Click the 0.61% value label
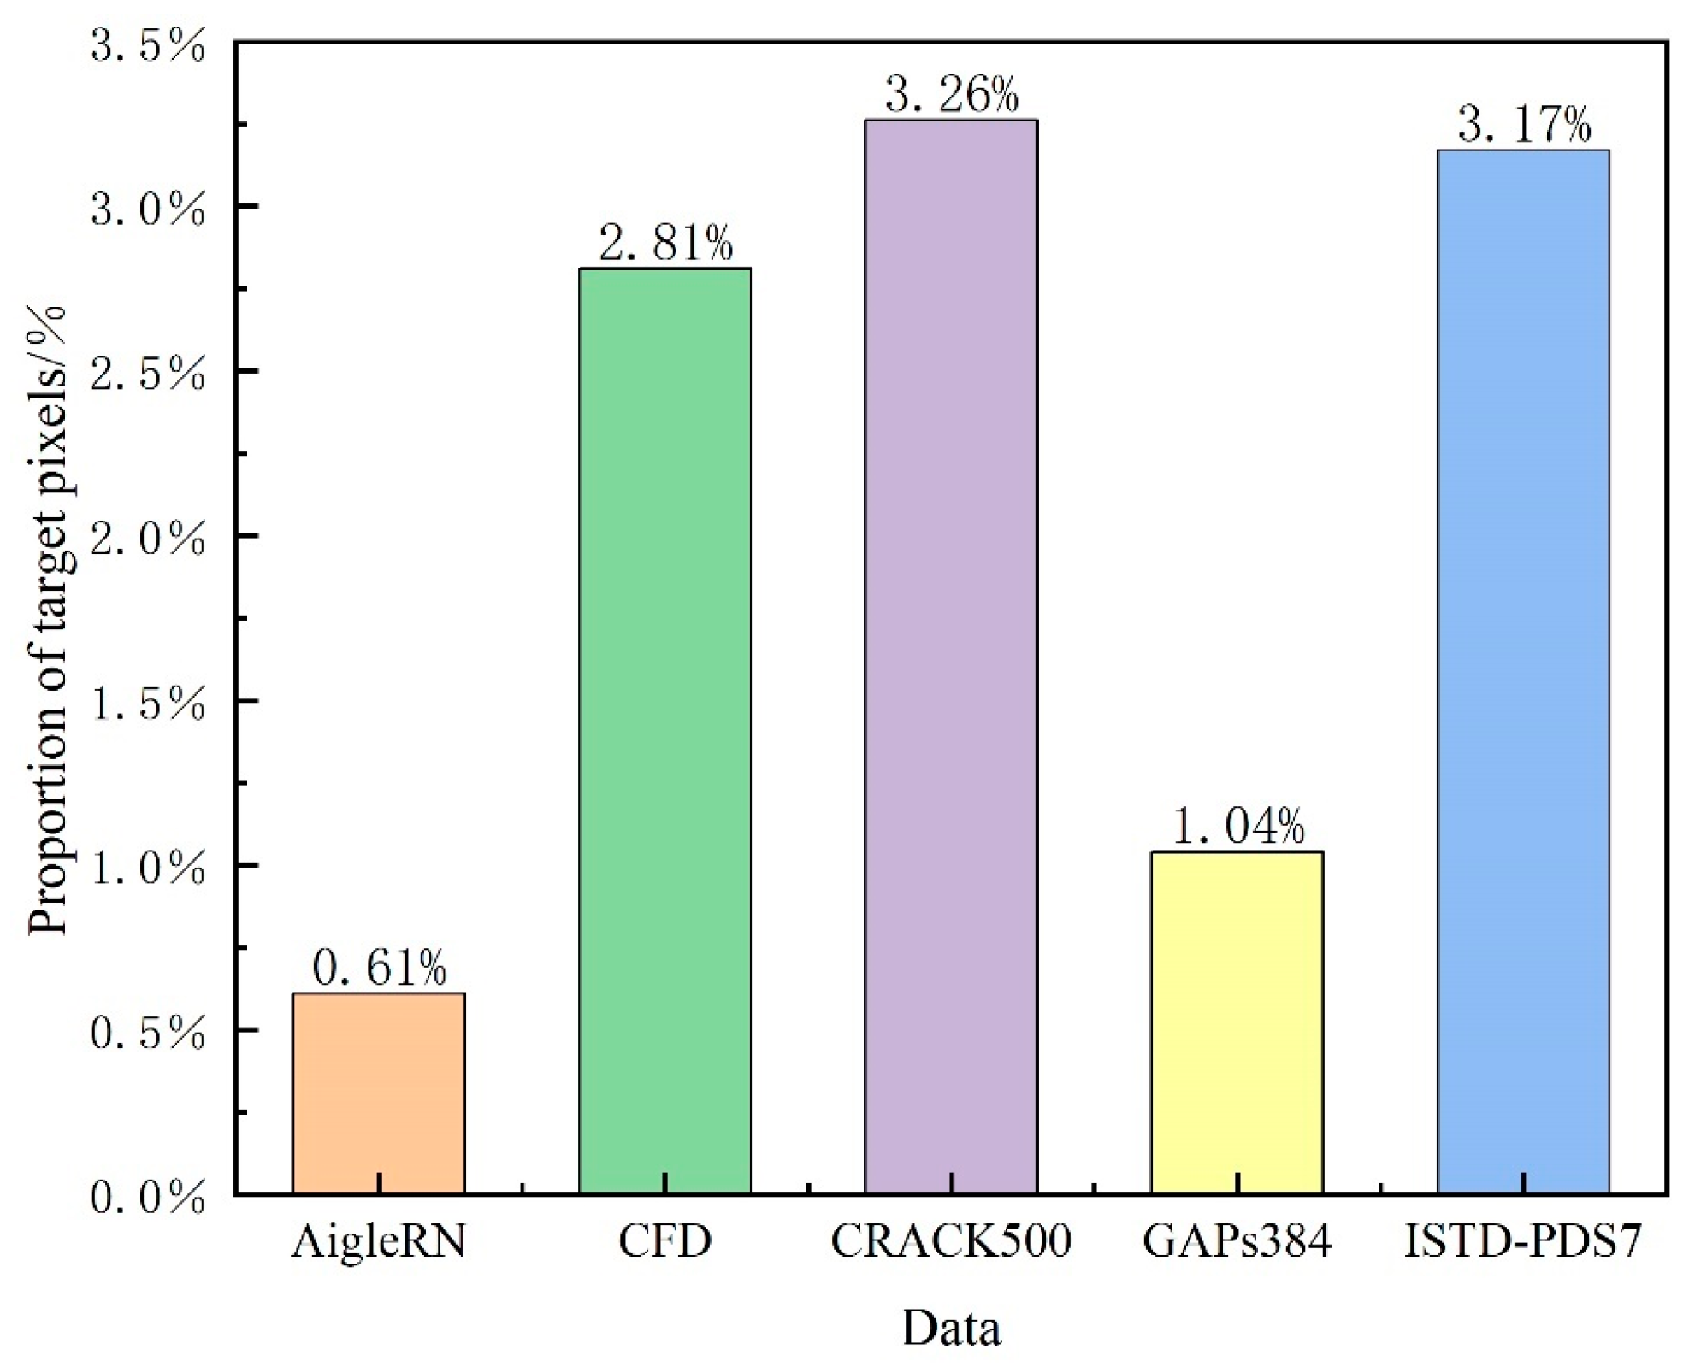click(x=379, y=968)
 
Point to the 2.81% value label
click(x=665, y=243)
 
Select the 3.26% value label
click(x=952, y=94)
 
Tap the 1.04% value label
click(x=1237, y=826)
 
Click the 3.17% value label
click(x=1524, y=125)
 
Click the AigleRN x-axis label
click(x=379, y=1242)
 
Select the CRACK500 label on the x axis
click(x=951, y=1241)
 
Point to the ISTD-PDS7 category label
click(x=1523, y=1241)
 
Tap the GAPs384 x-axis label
click(x=1237, y=1241)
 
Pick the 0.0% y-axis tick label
click(x=147, y=1197)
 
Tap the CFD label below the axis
click(x=664, y=1241)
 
